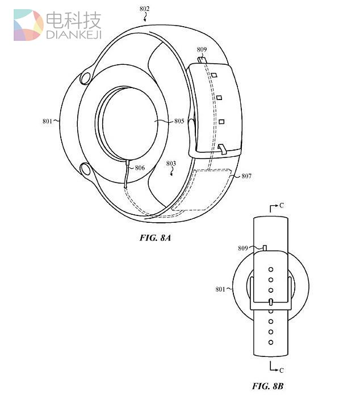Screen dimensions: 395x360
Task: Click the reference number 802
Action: [x=145, y=9]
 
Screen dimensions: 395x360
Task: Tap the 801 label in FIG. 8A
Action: [x=47, y=120]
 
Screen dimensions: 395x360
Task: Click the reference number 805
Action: [x=179, y=120]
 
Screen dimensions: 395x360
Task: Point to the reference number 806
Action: [x=139, y=168]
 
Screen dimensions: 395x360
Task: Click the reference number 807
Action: [x=246, y=176]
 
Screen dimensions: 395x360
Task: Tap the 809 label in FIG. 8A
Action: [x=202, y=49]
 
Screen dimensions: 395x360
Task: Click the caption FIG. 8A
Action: [x=155, y=238]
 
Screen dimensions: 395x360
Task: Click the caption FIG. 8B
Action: [x=267, y=386]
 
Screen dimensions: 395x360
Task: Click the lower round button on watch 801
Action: [x=87, y=169]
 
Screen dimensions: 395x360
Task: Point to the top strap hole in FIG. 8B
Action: [x=270, y=269]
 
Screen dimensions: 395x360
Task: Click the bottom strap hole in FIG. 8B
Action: [x=270, y=342]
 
